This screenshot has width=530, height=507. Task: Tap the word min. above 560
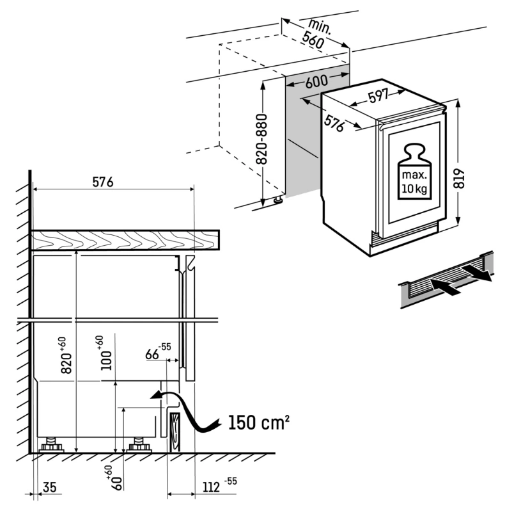(319, 26)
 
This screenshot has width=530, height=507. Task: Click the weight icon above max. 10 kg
(413, 156)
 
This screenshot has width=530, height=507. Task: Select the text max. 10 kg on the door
(413, 182)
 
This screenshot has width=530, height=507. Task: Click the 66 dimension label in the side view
(154, 353)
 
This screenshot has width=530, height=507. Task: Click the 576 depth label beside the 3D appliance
(332, 122)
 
